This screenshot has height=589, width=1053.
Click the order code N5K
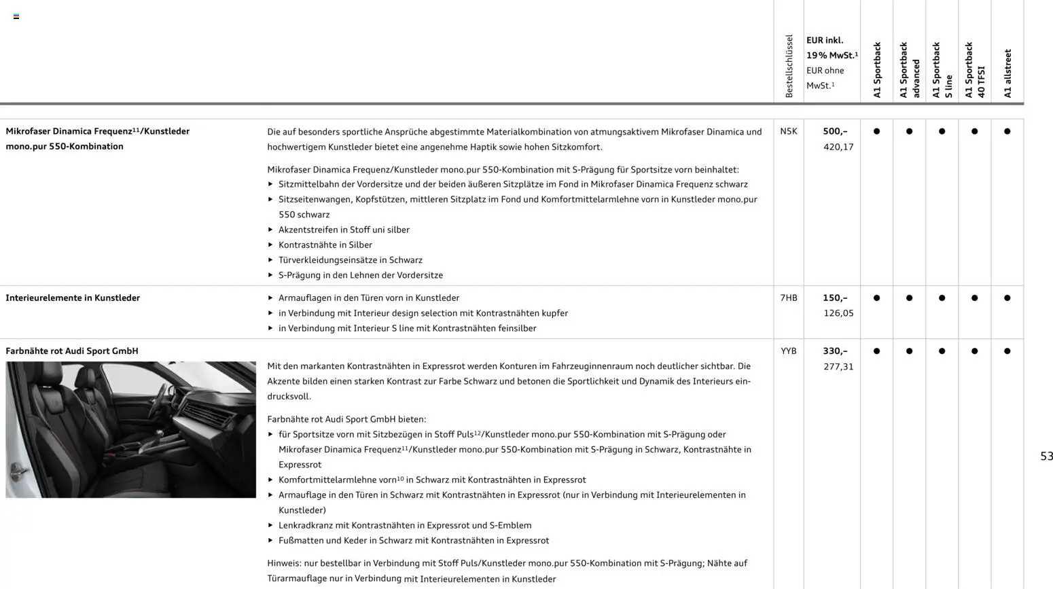(788, 131)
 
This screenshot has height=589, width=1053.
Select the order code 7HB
(788, 298)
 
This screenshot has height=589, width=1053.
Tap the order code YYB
(788, 351)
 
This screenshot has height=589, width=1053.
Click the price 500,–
(835, 131)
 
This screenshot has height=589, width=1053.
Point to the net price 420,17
(838, 147)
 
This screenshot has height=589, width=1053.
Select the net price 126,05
(838, 313)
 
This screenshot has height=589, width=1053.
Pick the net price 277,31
(838, 366)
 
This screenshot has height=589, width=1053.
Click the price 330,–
(835, 351)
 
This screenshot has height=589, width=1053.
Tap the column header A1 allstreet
(1007, 73)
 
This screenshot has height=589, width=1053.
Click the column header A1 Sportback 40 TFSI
(975, 70)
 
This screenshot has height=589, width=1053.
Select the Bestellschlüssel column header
(789, 66)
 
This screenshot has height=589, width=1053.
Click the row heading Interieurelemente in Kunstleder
(73, 298)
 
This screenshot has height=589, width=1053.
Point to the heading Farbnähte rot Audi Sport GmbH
(72, 351)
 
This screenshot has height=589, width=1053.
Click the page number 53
(1046, 457)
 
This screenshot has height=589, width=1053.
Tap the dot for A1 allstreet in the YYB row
(1007, 351)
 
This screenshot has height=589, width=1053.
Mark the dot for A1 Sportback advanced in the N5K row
(909, 131)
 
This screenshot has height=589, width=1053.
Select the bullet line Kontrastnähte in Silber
(325, 245)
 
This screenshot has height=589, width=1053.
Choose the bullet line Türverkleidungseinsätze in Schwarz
(350, 260)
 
